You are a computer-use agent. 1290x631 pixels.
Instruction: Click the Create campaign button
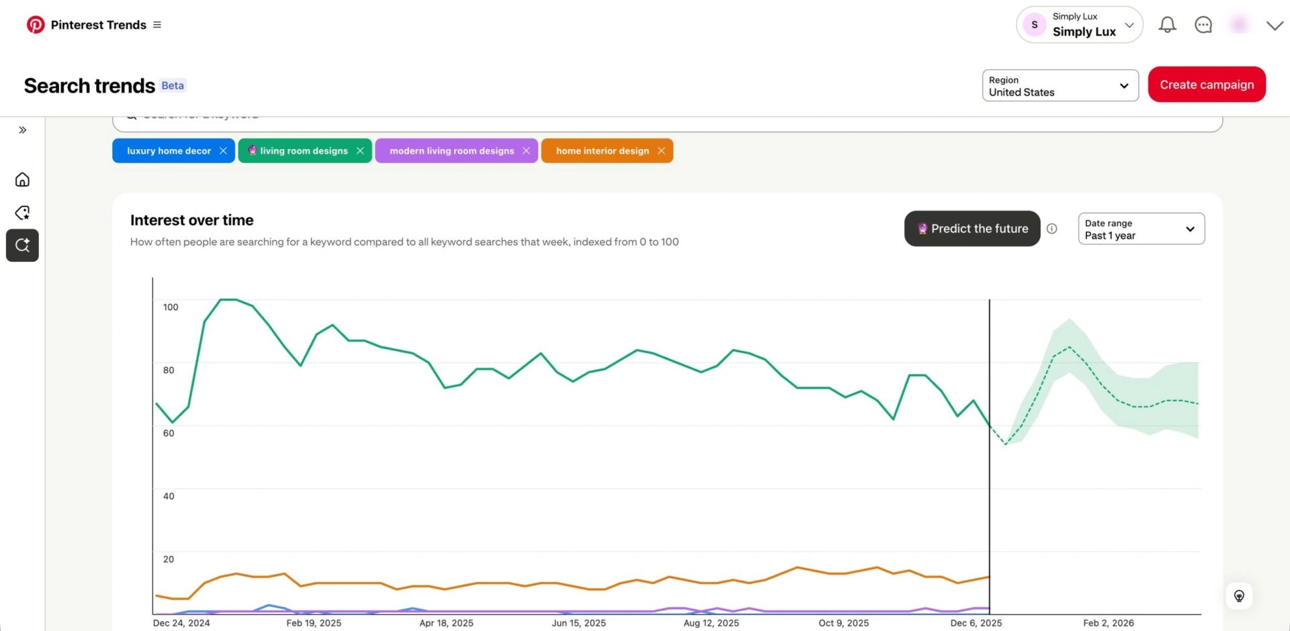(x=1206, y=85)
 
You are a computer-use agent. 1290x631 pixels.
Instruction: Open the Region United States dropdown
(x=1060, y=86)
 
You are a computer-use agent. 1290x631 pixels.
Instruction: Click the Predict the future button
(x=972, y=229)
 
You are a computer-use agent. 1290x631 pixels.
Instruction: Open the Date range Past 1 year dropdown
(x=1140, y=229)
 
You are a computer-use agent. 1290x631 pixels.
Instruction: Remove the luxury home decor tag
(x=223, y=151)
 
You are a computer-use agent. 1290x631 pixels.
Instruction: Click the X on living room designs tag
(x=360, y=151)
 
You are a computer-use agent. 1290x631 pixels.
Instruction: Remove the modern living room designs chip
(x=526, y=151)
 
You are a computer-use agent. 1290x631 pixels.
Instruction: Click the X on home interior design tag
(x=661, y=151)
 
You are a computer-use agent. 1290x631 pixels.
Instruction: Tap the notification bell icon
(x=1167, y=25)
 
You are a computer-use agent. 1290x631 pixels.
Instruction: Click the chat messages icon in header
(x=1203, y=25)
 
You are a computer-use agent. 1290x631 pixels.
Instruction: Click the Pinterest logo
(x=36, y=25)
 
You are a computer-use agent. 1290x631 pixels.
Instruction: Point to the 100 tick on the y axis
(x=171, y=307)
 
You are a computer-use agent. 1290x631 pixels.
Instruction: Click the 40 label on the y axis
(x=169, y=496)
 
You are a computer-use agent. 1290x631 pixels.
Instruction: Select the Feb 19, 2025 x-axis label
(x=314, y=623)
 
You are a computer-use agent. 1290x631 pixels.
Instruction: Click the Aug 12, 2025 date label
(x=711, y=623)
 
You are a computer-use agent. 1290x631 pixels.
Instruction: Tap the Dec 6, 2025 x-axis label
(x=976, y=623)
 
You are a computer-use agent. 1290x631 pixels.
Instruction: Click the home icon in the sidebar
(x=22, y=179)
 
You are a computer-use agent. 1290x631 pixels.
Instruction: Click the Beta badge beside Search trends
(x=173, y=86)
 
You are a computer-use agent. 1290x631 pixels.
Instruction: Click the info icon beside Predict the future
(x=1051, y=229)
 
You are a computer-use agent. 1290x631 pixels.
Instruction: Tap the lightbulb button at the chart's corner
(x=1239, y=596)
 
